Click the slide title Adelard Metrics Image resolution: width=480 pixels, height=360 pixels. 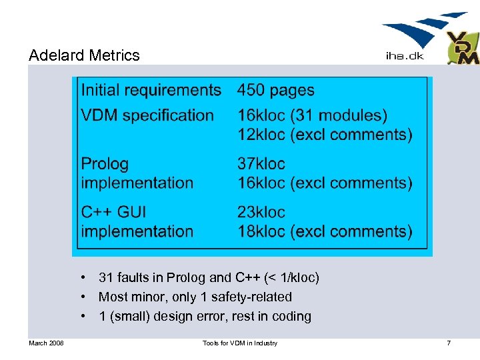click(84, 55)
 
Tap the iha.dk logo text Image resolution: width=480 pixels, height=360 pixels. click(404, 57)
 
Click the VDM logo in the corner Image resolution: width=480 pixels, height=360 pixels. click(463, 48)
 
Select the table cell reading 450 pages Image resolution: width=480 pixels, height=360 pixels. click(275, 90)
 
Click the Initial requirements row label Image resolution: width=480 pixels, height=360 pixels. click(151, 90)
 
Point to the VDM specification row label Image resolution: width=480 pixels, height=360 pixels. click(147, 115)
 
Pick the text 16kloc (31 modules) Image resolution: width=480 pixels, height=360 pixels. click(312, 115)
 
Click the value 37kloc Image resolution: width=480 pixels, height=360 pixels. click(261, 163)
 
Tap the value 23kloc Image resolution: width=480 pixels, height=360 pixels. click(261, 212)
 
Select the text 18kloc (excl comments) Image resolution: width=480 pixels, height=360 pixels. click(325, 231)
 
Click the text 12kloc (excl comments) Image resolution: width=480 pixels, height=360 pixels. click(325, 135)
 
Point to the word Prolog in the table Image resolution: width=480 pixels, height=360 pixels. click(105, 163)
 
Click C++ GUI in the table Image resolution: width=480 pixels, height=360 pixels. click(113, 212)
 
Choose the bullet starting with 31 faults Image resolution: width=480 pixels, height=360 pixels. click(209, 277)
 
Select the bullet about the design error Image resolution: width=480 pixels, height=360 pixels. click(205, 317)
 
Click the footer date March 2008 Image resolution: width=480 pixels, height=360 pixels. click(46, 343)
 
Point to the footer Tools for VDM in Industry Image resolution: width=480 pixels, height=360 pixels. click(240, 343)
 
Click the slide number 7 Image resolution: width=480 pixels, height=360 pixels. click(449, 343)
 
